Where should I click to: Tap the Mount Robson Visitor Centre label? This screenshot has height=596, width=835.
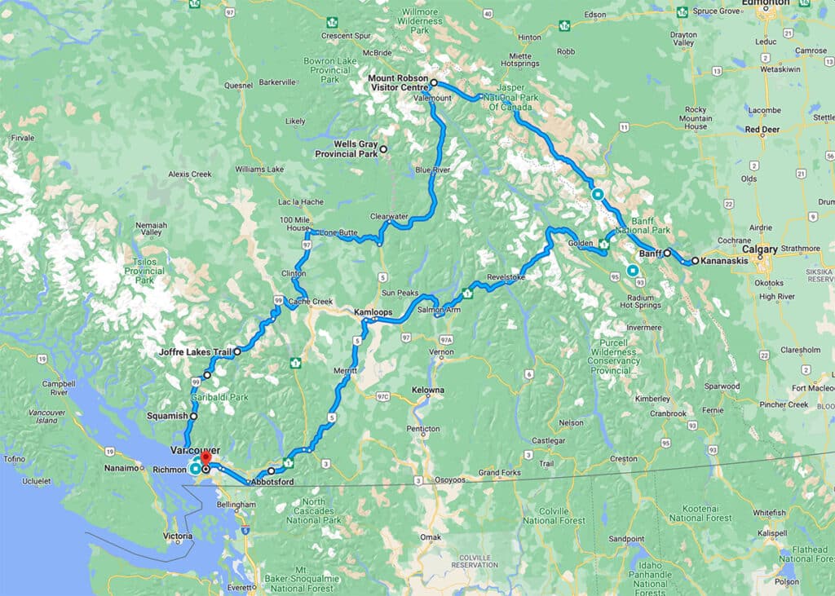pyautogui.click(x=396, y=84)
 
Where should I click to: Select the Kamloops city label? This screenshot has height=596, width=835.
pyautogui.click(x=373, y=312)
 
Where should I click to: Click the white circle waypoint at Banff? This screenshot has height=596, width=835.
pyautogui.click(x=667, y=253)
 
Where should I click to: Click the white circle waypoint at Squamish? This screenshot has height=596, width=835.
pyautogui.click(x=194, y=416)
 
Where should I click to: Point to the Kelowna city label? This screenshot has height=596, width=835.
pyautogui.click(x=428, y=391)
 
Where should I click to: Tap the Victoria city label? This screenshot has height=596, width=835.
pyautogui.click(x=178, y=536)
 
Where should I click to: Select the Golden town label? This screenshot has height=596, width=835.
pyautogui.click(x=581, y=242)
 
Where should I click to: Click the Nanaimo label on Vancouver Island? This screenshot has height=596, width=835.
pyautogui.click(x=123, y=469)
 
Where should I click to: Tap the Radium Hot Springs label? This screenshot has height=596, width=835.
pyautogui.click(x=637, y=300)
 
